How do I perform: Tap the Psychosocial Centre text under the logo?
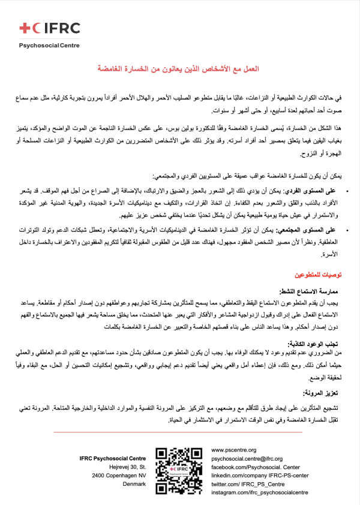click(45, 45)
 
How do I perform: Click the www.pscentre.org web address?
click(234, 450)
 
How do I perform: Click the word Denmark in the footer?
click(135, 483)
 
